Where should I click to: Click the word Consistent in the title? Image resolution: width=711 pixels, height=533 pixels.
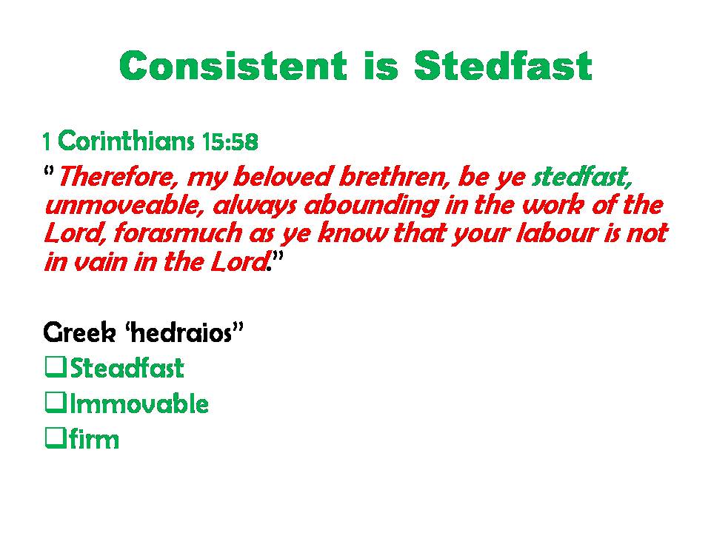pos(233,66)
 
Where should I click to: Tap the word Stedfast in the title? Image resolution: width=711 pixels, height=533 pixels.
pos(503,66)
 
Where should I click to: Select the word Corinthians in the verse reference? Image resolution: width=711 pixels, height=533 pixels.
pos(126,141)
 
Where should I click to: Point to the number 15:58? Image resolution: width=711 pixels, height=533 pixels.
pos(230,142)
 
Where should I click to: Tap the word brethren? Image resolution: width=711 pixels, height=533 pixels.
pos(395,176)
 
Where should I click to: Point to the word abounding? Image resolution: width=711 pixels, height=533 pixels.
pos(371,206)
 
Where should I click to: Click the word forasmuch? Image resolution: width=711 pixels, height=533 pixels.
pos(178,233)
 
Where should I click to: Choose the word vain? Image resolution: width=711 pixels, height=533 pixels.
pos(100,262)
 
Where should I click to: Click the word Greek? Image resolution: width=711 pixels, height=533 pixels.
pos(80,332)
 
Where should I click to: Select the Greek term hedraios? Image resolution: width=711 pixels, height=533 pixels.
pos(182,332)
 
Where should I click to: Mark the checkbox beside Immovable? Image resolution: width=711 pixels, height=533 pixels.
pos(56,402)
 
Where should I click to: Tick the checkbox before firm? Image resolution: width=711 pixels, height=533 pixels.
pos(56,438)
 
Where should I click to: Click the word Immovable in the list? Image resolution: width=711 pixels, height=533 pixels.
pos(138,403)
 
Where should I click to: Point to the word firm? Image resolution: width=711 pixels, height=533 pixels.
pos(94,438)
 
